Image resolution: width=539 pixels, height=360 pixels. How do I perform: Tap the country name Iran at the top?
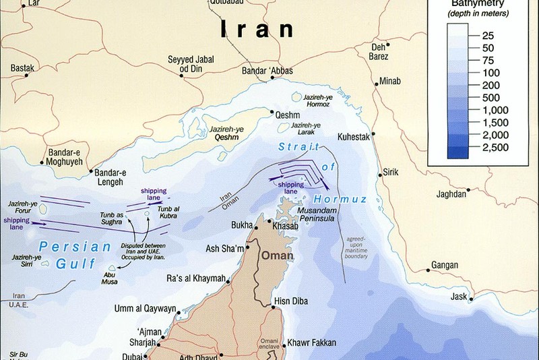click(257, 28)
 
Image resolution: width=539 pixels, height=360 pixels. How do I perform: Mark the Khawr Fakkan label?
click(311, 343)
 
